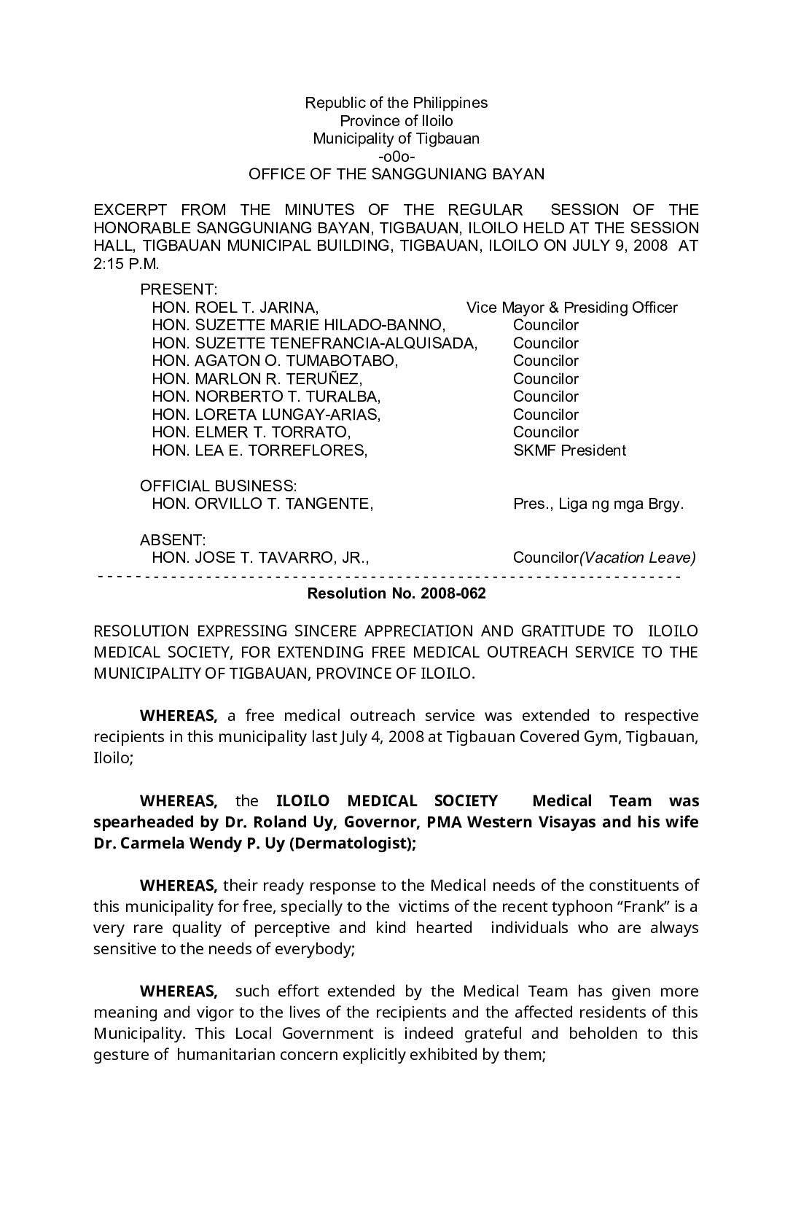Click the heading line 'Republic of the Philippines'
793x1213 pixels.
point(396,103)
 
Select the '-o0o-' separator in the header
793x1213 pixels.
point(396,157)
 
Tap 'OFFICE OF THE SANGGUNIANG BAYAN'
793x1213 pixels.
point(396,174)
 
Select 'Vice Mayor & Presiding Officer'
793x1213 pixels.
point(571,308)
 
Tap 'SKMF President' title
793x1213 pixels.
point(569,451)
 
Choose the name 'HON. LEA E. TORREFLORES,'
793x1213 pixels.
point(259,451)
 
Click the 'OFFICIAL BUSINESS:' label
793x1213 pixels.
point(218,486)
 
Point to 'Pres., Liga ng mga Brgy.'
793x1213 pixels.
point(598,504)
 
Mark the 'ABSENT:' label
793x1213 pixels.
point(173,540)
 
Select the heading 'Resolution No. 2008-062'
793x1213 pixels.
point(396,593)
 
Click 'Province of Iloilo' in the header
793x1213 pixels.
point(396,121)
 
